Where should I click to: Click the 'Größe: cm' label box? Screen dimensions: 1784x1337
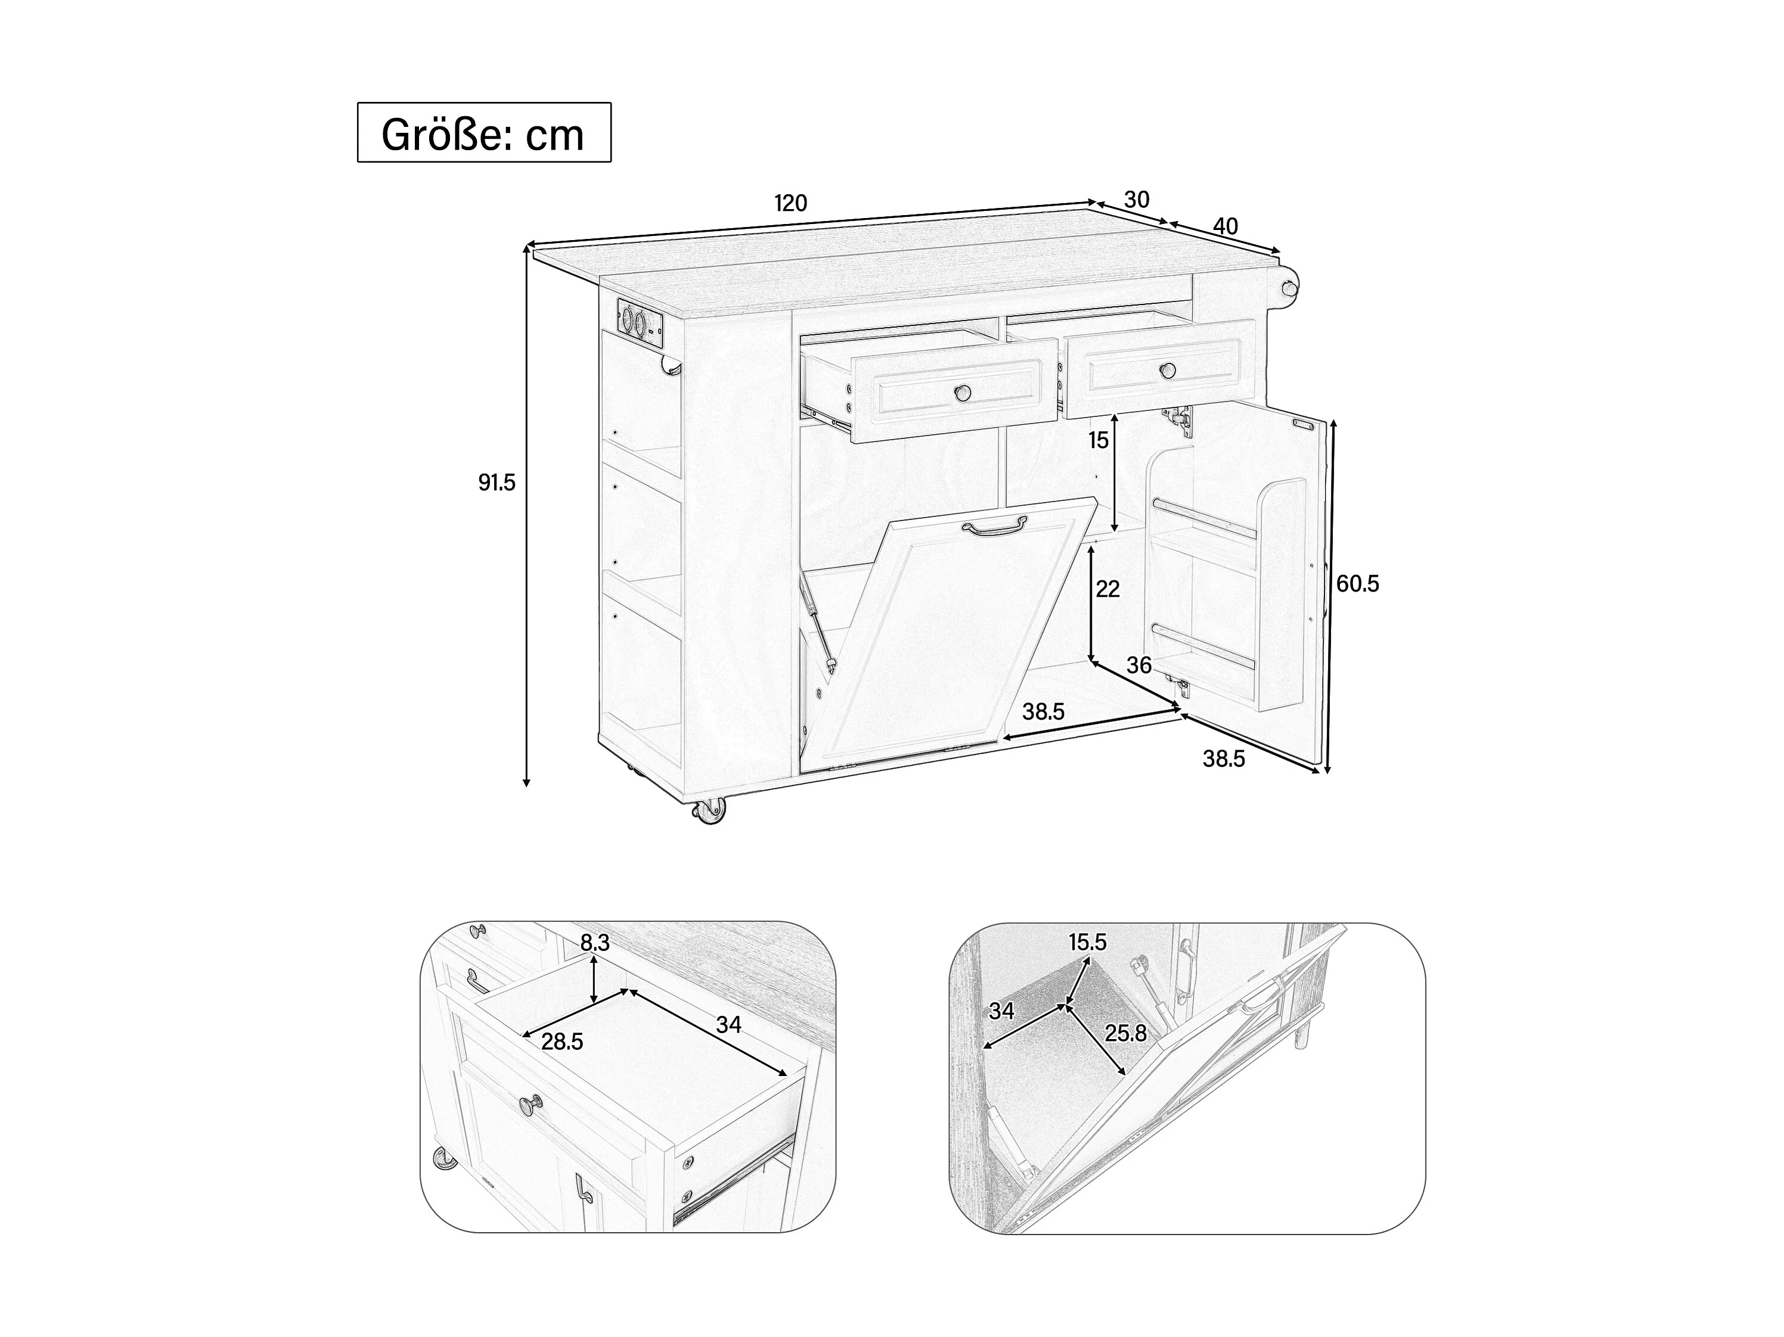point(484,132)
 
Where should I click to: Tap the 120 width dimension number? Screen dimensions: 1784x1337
point(790,203)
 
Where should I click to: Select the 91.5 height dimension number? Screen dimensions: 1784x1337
point(496,483)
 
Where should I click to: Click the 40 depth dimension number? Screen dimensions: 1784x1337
point(1225,226)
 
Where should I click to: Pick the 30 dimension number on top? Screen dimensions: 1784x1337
point(1136,199)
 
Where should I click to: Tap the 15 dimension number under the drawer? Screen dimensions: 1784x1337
point(1099,440)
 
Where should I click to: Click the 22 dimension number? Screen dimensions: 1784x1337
point(1108,589)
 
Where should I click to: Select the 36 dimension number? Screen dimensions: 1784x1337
point(1139,666)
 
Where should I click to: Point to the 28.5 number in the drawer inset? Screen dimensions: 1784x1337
point(562,1042)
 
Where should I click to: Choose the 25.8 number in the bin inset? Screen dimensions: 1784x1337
point(1126,1033)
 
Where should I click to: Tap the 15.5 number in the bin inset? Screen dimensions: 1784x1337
point(1088,942)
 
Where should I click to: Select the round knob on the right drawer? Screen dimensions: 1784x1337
point(1167,371)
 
